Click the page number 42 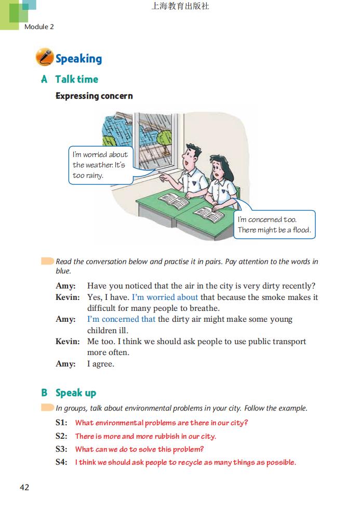[24, 487]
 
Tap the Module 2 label [39, 27]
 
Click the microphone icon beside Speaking [44, 57]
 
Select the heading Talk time [76, 79]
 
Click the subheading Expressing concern [94, 96]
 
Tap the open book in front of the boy [173, 200]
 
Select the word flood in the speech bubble [301, 230]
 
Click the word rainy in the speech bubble [95, 175]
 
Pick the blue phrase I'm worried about [165, 297]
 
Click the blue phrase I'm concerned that [121, 319]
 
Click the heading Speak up [76, 392]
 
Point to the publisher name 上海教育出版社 [180, 7]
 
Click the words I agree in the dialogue [101, 364]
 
